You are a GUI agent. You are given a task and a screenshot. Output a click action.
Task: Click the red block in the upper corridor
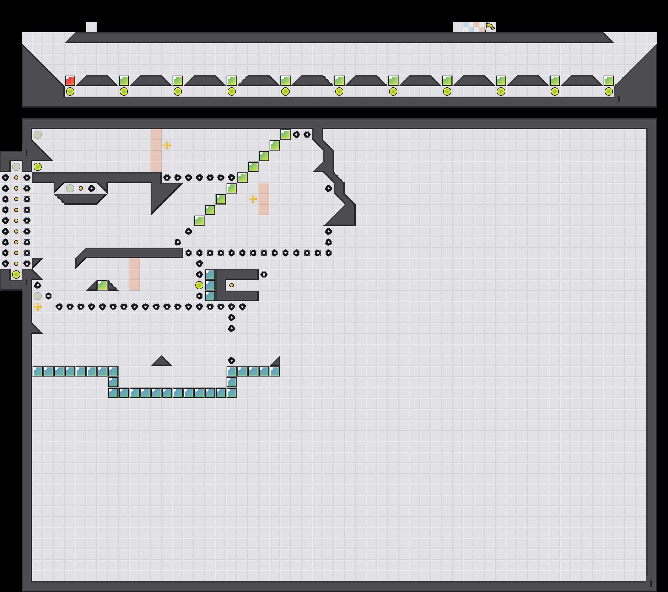coord(70,81)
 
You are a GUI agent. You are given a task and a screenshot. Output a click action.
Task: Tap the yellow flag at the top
coord(490,27)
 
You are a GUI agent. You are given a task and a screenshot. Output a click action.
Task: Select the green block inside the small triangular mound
coord(102,285)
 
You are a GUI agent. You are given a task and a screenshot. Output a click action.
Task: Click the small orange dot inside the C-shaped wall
coord(231,285)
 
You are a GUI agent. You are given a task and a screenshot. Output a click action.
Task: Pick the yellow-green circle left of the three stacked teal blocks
coord(199,285)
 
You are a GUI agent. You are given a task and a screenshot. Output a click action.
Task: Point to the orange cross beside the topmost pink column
coord(167,145)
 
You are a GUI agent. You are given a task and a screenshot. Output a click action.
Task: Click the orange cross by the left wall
coord(38,306)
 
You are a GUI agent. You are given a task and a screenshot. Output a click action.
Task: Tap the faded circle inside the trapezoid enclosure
coord(70,188)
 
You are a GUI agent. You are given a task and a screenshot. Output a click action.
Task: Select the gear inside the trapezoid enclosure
coord(92,188)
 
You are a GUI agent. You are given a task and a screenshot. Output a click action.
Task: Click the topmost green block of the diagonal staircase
coord(285,135)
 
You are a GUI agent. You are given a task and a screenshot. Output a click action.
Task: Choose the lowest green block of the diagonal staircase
coord(199,221)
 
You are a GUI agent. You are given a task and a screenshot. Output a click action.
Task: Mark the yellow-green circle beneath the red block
coord(70,91)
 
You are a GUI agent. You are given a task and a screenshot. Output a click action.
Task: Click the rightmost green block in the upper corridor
coord(608,81)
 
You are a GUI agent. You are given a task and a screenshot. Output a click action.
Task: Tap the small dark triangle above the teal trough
coord(161,361)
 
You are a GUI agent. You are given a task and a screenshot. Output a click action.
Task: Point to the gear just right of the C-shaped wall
coord(264,274)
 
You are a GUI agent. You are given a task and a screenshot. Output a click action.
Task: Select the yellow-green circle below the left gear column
coord(16,274)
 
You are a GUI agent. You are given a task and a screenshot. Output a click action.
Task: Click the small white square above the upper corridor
coord(92,27)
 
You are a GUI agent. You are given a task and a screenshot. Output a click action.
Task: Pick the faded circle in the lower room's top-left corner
coord(38,135)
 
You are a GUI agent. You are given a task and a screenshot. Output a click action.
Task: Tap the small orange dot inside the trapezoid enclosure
coord(81,188)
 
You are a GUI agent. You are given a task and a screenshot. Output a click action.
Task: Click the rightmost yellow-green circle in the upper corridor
coord(608,91)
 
